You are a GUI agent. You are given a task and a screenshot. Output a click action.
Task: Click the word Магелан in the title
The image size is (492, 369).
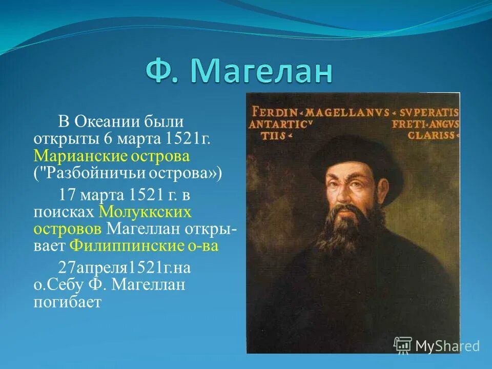tap(261, 71)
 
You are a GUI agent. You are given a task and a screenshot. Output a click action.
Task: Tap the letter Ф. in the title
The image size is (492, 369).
tap(163, 71)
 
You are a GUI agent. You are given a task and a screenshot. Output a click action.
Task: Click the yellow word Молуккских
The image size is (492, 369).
tap(145, 211)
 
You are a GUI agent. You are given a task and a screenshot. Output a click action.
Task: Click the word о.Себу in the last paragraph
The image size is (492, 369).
tap(54, 284)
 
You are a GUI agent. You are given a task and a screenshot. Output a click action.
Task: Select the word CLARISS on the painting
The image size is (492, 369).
tap(431, 135)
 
